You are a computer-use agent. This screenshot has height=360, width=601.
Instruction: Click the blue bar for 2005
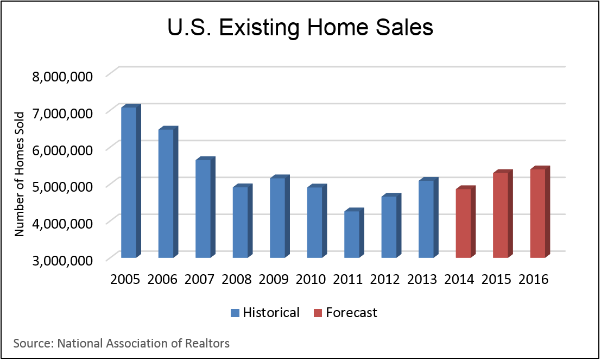coord(129,182)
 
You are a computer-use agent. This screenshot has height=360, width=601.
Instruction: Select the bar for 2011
coord(351,234)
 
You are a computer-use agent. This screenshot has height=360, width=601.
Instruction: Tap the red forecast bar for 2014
coord(463,223)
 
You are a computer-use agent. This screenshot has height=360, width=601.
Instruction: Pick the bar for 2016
coord(537,213)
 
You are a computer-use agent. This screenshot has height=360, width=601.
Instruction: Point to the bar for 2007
coord(203,209)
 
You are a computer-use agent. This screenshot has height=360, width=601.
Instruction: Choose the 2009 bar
coord(277,218)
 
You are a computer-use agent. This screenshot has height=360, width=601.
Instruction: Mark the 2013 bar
coord(426,219)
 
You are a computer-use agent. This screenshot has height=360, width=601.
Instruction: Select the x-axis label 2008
coord(236,280)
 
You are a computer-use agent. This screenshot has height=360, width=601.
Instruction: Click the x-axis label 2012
coord(385,280)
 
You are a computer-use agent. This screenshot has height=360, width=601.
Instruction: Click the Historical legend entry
coord(271,313)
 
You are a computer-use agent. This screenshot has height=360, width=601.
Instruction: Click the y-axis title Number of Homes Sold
coord(20,173)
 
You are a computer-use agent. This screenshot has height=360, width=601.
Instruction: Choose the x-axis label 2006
coord(162,280)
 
